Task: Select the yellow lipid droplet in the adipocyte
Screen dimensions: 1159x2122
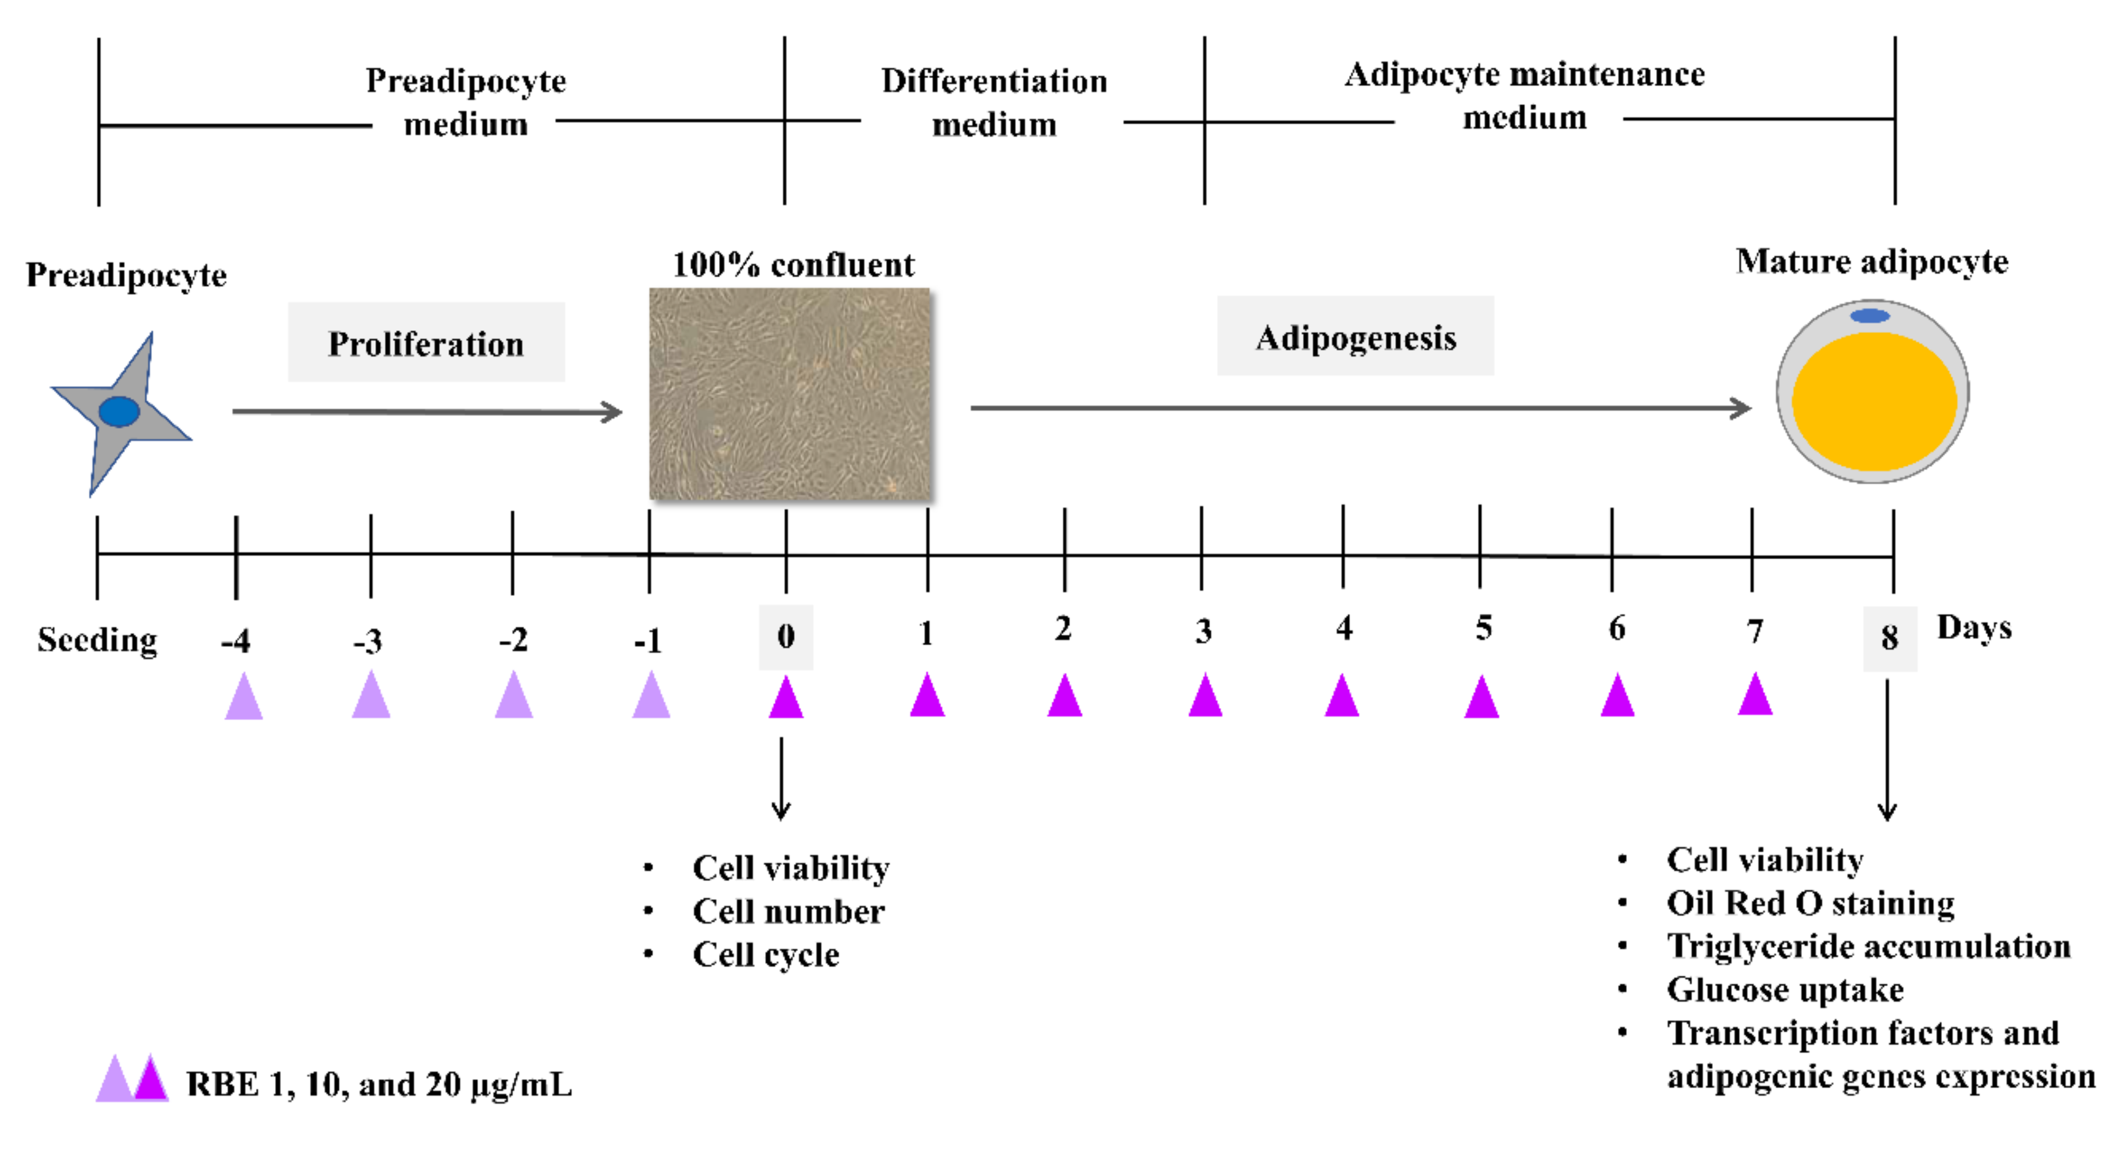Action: coord(1874,401)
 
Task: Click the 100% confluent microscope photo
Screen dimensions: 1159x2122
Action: coord(790,394)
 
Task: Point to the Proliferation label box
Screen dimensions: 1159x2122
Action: coord(426,343)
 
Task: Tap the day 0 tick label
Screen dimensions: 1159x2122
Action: coord(786,636)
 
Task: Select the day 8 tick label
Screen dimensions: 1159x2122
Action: coord(1889,637)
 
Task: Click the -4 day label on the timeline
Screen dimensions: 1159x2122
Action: coord(236,640)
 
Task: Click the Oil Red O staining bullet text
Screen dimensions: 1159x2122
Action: coord(1810,904)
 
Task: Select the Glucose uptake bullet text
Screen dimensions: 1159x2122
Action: coord(1785,989)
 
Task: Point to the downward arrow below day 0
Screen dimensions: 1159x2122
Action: coord(781,779)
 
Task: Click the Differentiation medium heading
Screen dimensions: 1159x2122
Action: coord(994,103)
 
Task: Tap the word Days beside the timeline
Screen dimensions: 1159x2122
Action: coord(1973,628)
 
